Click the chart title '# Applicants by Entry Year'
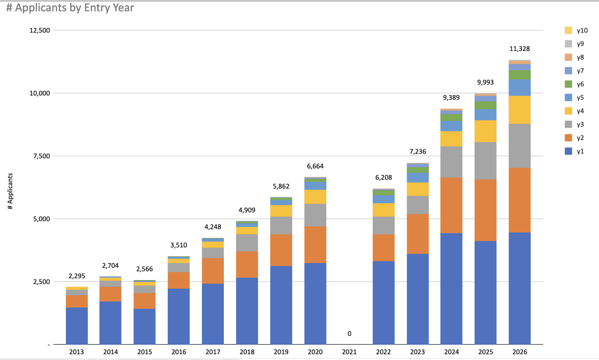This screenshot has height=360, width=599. coord(70,8)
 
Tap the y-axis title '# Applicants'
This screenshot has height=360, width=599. coord(11,191)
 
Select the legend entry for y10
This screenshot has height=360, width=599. coord(576,30)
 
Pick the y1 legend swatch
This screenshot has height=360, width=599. coord(569,151)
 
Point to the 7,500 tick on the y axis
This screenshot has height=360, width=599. coord(41,156)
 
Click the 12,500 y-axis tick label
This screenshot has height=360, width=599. coord(40,30)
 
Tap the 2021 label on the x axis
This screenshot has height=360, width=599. coord(349,352)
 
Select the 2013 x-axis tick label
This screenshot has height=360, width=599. coord(76,352)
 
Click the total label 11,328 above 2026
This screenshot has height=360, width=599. coord(519,49)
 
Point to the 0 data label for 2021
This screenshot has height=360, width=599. coord(349,333)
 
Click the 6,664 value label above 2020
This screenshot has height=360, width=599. coord(315,166)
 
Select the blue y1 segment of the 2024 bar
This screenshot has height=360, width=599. coord(451,289)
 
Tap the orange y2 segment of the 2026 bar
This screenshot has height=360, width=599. coord(519,200)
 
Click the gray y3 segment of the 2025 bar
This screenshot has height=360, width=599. coord(486,161)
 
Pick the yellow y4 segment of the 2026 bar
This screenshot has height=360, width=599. coord(519,110)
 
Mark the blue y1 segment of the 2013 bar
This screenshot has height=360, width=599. coord(76,326)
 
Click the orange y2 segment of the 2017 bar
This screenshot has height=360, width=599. coord(213,271)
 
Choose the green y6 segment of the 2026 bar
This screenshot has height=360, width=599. coord(519,75)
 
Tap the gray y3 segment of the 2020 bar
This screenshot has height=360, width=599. coord(315,215)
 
